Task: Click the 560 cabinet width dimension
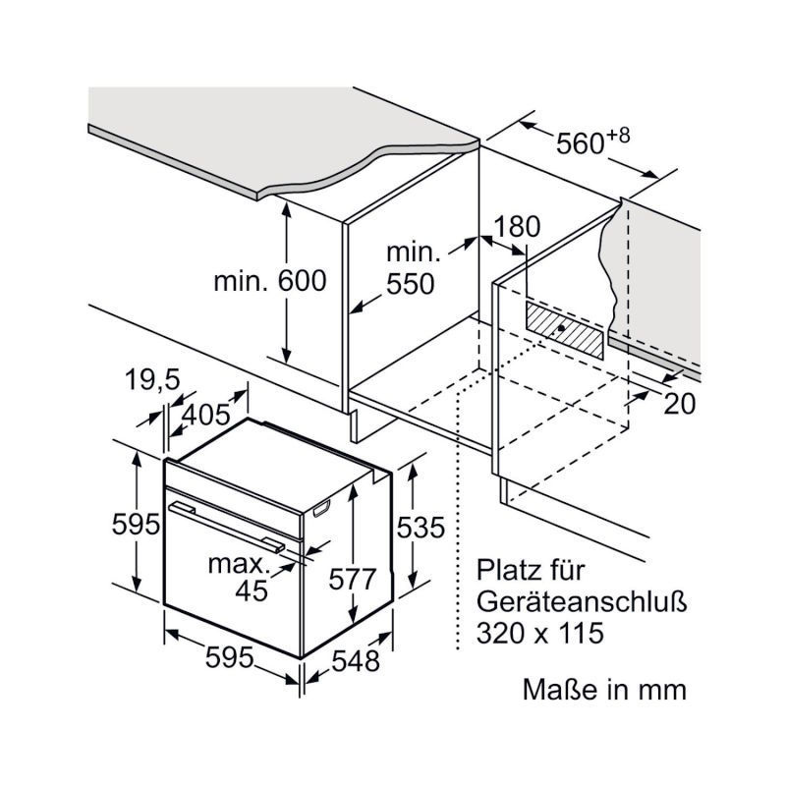(x=579, y=143)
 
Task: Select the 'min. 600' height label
(x=269, y=281)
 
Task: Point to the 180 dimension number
(x=518, y=227)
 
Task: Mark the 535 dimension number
(x=421, y=527)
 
